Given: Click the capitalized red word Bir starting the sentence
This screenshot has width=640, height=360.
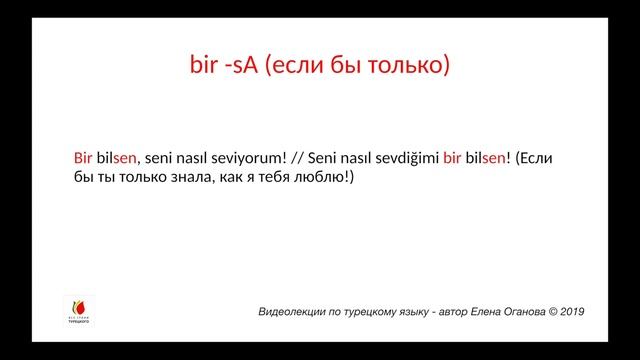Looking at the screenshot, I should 83,158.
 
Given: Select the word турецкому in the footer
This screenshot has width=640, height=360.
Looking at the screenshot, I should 375,312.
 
